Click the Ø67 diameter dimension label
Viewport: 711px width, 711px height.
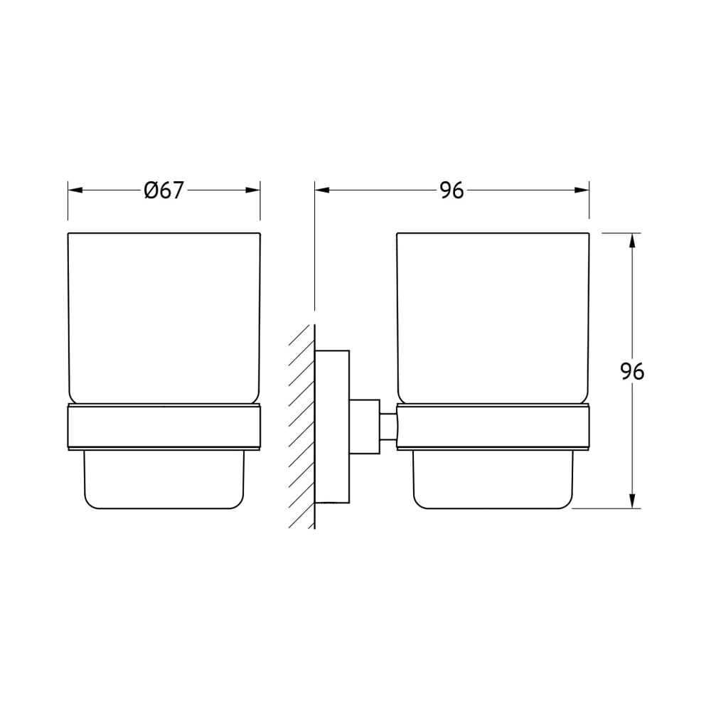164,191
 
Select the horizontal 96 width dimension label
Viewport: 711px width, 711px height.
452,191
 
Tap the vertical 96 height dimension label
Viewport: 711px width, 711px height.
632,372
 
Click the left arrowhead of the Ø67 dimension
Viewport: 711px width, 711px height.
75,191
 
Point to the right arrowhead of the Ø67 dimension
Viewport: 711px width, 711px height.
253,191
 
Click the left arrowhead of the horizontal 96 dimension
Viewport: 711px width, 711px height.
322,191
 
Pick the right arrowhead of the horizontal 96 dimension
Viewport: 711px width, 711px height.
582,191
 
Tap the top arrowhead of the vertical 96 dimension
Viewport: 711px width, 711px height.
633,240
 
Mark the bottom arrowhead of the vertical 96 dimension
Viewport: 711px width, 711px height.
633,501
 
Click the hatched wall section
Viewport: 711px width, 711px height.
302,426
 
